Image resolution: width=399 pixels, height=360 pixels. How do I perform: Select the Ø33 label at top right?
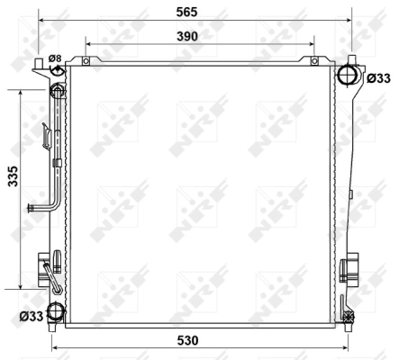(378, 78)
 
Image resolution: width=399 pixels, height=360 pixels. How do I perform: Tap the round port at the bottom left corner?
(56, 312)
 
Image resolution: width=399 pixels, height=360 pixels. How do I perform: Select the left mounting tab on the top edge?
(86, 61)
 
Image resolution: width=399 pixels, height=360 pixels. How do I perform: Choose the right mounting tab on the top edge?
(313, 61)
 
